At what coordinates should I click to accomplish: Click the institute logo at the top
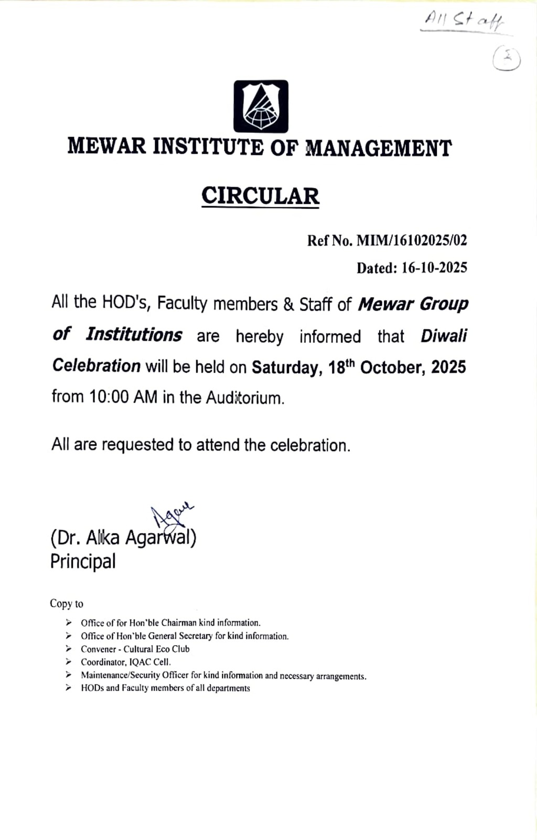pos(261,106)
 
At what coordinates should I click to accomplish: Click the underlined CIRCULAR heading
pos(260,196)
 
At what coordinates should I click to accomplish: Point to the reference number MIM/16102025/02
pos(412,240)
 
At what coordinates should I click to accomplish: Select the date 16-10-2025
pos(434,268)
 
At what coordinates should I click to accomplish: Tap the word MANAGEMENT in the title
pos(378,148)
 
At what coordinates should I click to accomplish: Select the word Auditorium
pos(245,397)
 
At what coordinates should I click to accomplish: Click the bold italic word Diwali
pos(444,336)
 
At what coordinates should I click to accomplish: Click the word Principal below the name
pos(83,561)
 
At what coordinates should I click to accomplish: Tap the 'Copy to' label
pos(67,604)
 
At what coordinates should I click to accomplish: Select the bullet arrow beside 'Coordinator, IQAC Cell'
pos(69,661)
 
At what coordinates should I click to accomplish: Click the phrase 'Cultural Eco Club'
pos(156,649)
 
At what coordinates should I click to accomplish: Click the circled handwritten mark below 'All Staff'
pos(507,60)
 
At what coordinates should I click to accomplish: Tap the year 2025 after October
pos(448,367)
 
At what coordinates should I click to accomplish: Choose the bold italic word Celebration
pos(96,366)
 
